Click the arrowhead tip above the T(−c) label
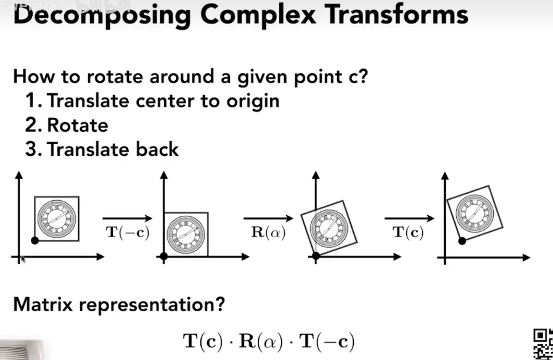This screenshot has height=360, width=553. tap(152, 219)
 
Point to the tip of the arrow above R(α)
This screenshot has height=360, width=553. tap(293, 219)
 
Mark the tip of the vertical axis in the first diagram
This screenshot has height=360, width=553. tap(19, 171)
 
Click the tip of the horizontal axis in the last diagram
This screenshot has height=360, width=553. tap(530, 258)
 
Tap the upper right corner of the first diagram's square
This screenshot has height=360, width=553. tap(79, 197)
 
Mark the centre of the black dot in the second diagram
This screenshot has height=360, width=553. tap(163, 256)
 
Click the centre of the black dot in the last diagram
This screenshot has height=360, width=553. tap(462, 241)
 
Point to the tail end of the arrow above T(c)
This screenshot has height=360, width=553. tap(385, 219)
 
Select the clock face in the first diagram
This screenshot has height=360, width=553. tap(57, 219)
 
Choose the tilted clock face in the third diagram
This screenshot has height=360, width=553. tap(329, 229)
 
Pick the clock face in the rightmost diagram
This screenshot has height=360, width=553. tap(474, 213)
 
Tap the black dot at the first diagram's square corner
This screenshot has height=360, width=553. tap(35, 240)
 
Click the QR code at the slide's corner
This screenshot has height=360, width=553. tap(543, 344)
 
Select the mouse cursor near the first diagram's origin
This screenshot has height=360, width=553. tap(23, 259)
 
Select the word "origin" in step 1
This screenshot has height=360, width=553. tap(253, 102)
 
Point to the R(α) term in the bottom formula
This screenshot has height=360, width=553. tap(261, 342)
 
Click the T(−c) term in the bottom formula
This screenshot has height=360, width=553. tap(327, 342)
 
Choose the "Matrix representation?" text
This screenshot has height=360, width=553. tap(119, 304)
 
